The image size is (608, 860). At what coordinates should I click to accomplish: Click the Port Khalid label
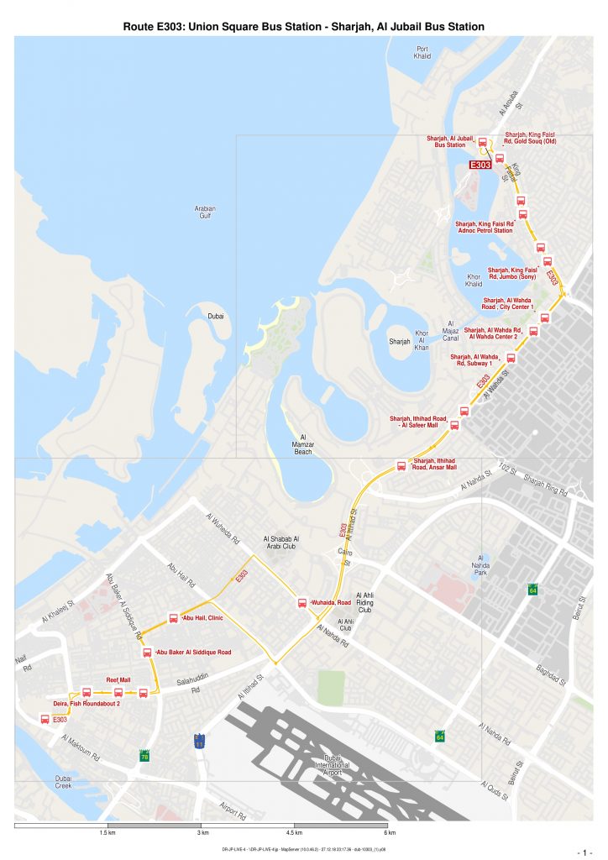coord(422,53)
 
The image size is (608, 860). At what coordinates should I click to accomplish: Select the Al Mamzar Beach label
coord(302,444)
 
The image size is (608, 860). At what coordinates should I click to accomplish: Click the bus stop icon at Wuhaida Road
coord(301,603)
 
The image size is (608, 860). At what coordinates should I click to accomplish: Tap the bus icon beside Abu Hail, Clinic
coord(174,618)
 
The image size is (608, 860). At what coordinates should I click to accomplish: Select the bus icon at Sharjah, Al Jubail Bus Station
coord(483,144)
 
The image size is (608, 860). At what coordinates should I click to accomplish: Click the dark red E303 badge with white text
coord(480,165)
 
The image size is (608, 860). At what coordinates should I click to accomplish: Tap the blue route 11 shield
coord(199,741)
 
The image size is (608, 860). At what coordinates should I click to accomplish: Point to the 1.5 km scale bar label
coord(107,833)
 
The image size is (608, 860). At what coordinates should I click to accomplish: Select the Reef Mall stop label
coord(118,680)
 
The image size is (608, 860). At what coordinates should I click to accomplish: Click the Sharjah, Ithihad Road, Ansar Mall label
coord(435,464)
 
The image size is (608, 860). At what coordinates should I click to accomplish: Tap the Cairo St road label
coord(344,555)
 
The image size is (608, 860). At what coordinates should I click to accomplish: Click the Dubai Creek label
coord(64,783)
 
